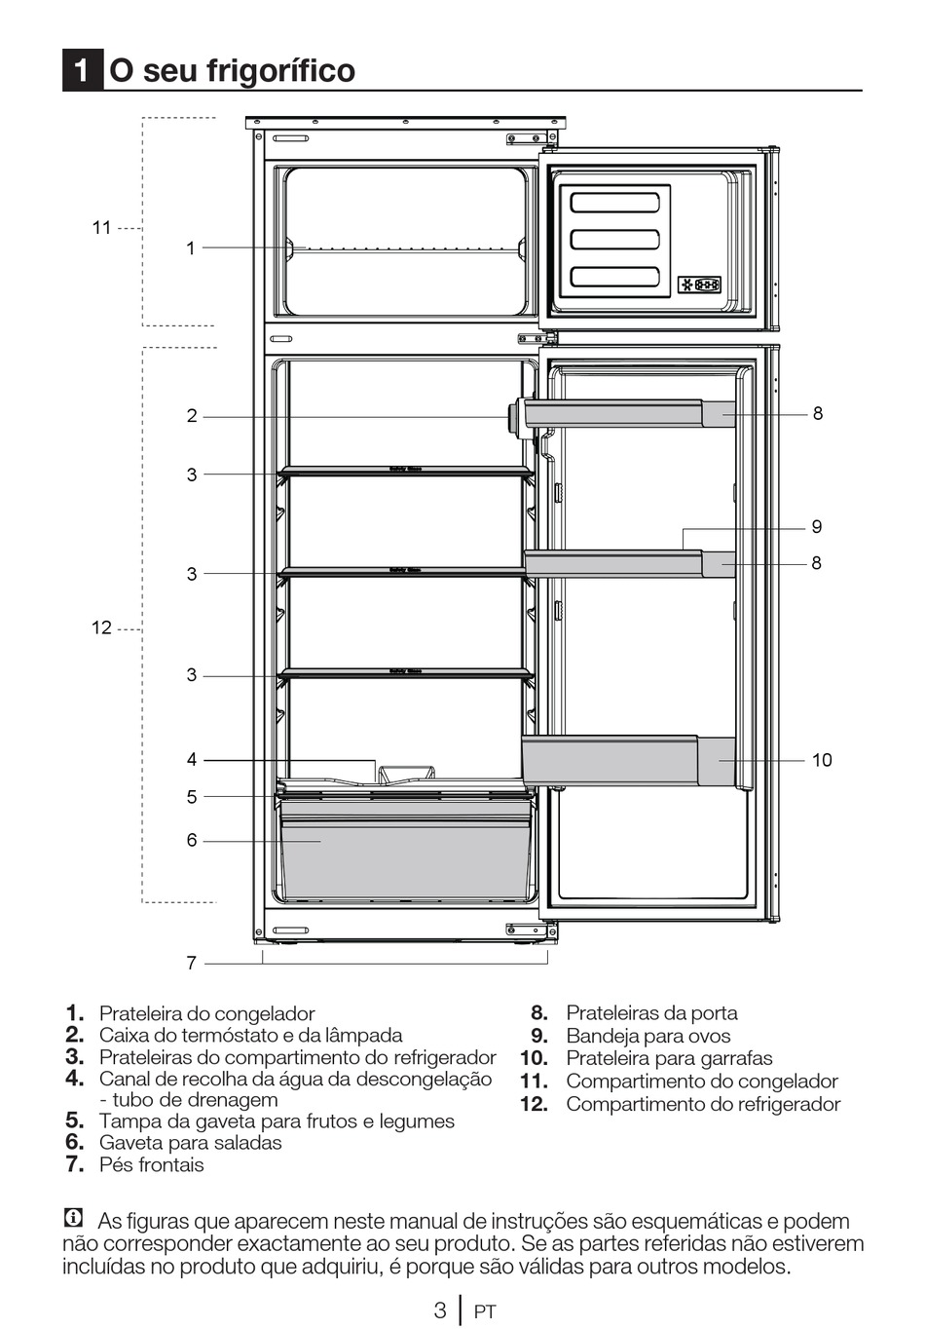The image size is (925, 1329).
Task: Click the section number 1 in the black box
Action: pos(83,70)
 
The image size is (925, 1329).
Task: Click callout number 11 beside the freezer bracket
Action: pos(102,228)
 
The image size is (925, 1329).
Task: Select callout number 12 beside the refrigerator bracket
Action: pos(102,627)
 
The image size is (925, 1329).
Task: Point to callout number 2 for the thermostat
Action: pos(192,416)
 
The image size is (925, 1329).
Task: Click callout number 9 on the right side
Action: pos(816,527)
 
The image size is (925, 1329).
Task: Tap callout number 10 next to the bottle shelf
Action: pos(822,760)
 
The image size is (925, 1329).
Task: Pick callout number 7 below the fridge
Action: pos(192,963)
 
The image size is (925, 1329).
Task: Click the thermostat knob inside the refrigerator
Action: pos(513,416)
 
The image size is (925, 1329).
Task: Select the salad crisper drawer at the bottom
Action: pos(405,846)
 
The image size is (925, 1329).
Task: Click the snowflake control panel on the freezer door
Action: pos(699,285)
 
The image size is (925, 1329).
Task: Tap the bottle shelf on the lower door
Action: pos(628,761)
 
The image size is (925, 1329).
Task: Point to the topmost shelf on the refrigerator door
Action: pos(628,412)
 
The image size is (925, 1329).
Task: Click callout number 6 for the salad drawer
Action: pos(192,840)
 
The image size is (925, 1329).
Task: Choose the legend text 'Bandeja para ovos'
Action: pos(647,1036)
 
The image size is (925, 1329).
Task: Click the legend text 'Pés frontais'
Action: pos(151,1164)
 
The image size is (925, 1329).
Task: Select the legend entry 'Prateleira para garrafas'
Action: pos(669,1058)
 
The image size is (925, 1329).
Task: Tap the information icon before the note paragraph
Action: pos(72,1218)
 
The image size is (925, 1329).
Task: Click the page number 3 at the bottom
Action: pos(440,1310)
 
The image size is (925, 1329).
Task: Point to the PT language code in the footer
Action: pos(485,1312)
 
